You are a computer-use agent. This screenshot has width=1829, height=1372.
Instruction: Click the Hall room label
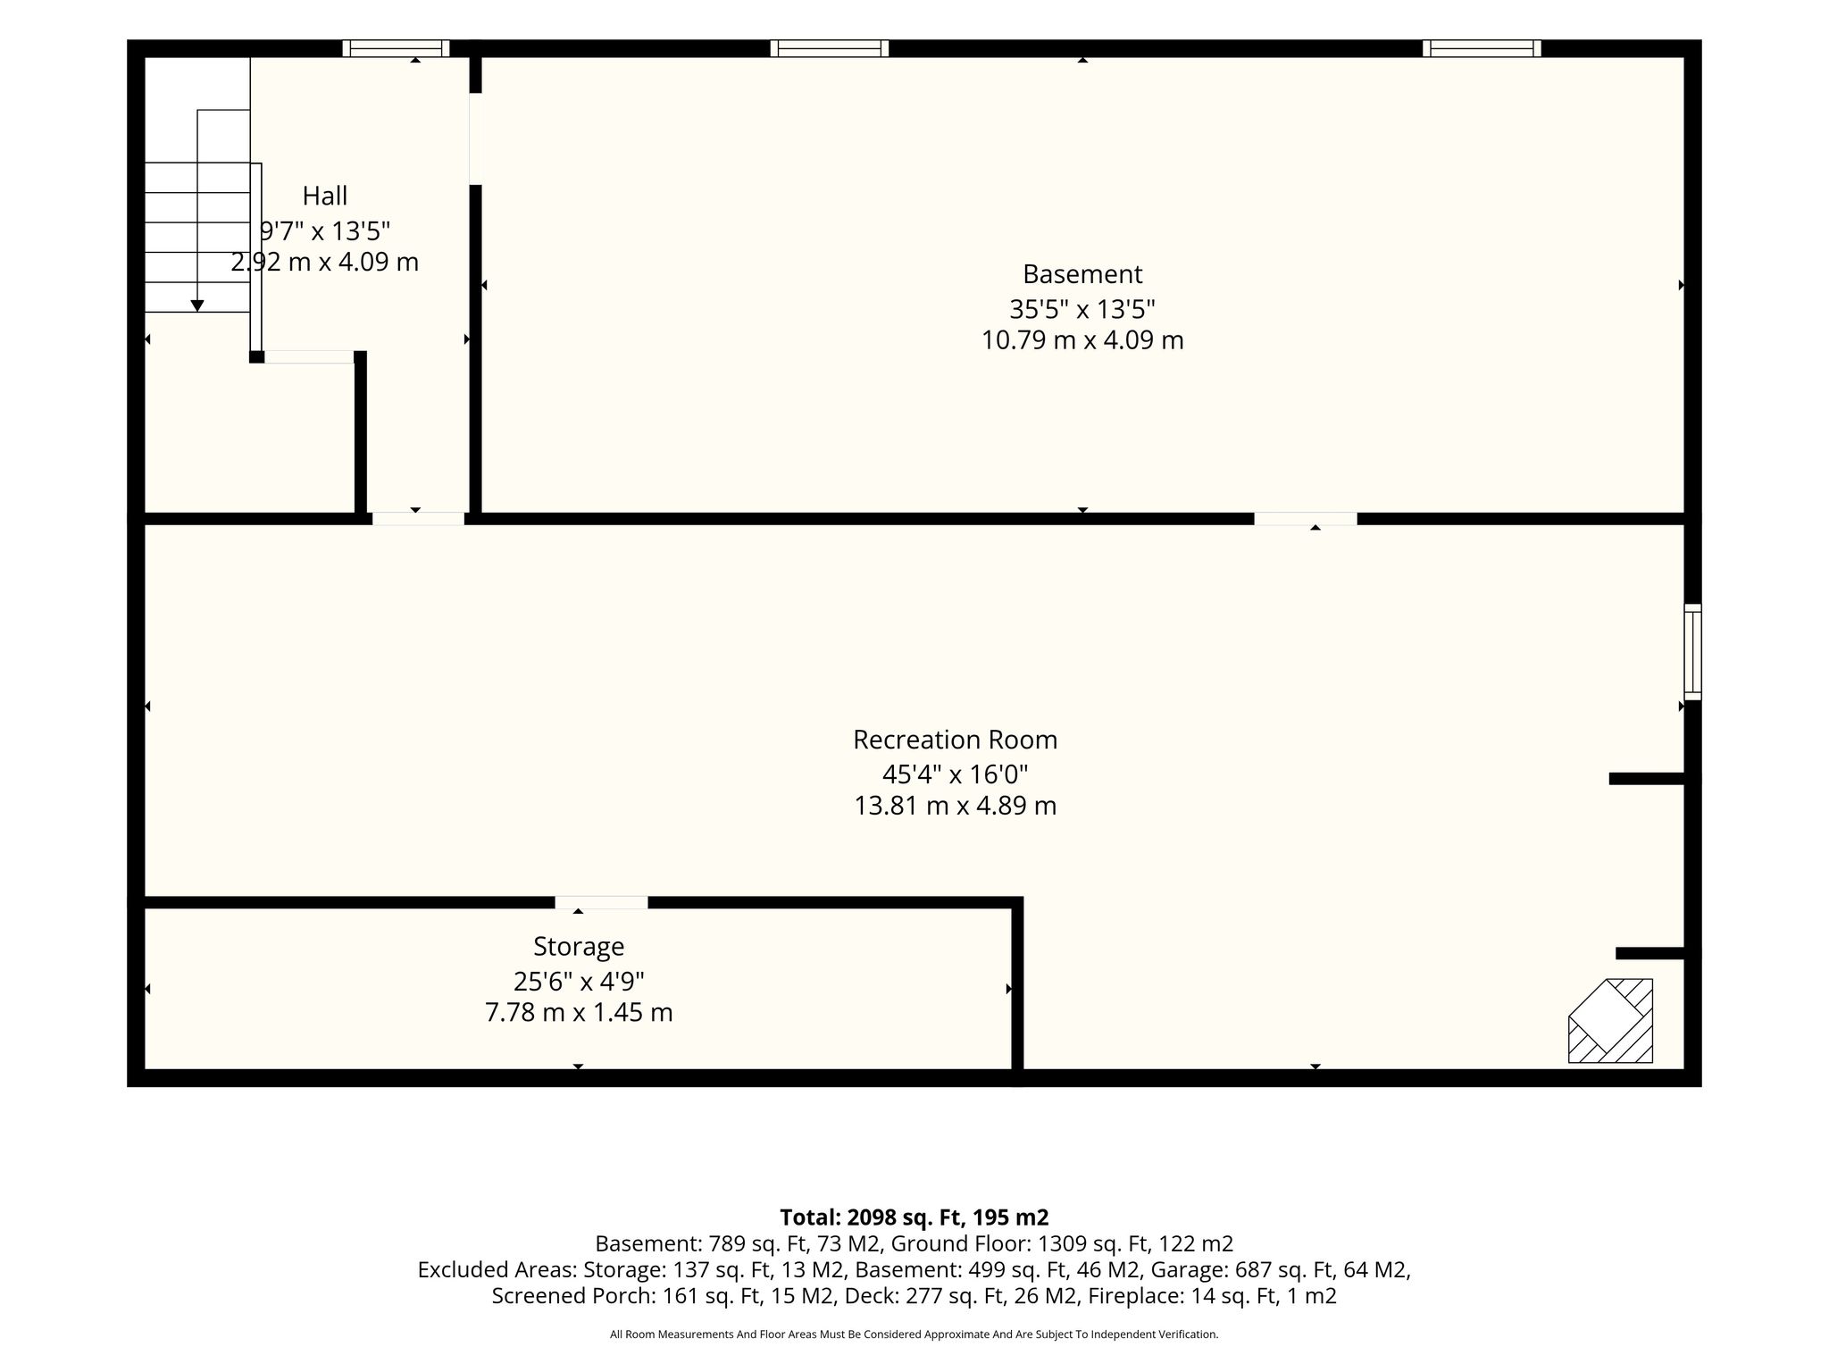(325, 196)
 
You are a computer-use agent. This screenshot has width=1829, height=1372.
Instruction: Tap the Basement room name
(1082, 273)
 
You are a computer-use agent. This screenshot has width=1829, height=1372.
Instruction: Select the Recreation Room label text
(955, 740)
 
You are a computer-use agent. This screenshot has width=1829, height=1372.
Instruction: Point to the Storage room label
(579, 946)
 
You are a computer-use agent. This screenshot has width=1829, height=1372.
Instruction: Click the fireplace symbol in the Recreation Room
(1610, 1021)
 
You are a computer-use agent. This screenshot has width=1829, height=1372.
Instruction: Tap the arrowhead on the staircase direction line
(197, 305)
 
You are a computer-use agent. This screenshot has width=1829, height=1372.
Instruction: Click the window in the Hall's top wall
(396, 48)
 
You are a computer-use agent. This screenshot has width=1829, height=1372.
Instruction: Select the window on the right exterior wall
(1692, 651)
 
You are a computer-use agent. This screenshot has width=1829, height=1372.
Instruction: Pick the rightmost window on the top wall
(1482, 48)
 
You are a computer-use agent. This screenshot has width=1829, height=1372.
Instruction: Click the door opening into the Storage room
(601, 902)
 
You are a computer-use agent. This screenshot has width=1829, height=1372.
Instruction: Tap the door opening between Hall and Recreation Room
(418, 518)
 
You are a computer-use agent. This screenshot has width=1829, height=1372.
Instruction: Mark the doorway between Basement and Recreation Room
(1306, 518)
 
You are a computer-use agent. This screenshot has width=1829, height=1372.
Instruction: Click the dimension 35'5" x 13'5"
(1082, 309)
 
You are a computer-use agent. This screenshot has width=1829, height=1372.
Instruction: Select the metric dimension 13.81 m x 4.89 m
(955, 806)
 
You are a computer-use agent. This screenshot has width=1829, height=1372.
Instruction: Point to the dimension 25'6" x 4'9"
(579, 981)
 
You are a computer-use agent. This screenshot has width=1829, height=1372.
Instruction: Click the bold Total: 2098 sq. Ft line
(914, 1217)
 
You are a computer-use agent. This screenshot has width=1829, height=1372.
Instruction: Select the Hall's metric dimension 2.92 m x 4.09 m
(325, 263)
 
